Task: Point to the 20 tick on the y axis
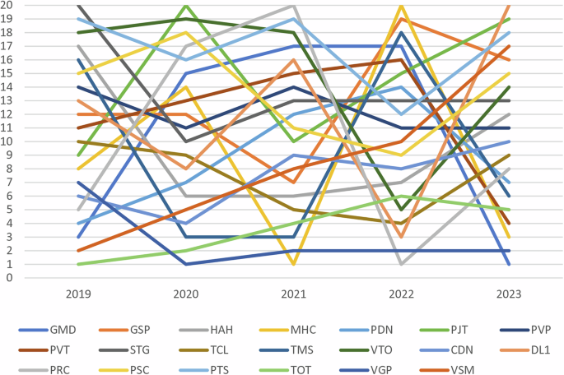coord(7,5)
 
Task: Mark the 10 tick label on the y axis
coord(7,141)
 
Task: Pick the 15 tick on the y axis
coord(7,73)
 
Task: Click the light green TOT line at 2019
coord(79,264)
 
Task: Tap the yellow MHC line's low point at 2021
coord(294,264)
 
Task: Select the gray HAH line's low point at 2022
coord(402,264)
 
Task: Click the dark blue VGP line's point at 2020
coord(187,264)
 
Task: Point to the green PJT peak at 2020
coord(187,6)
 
